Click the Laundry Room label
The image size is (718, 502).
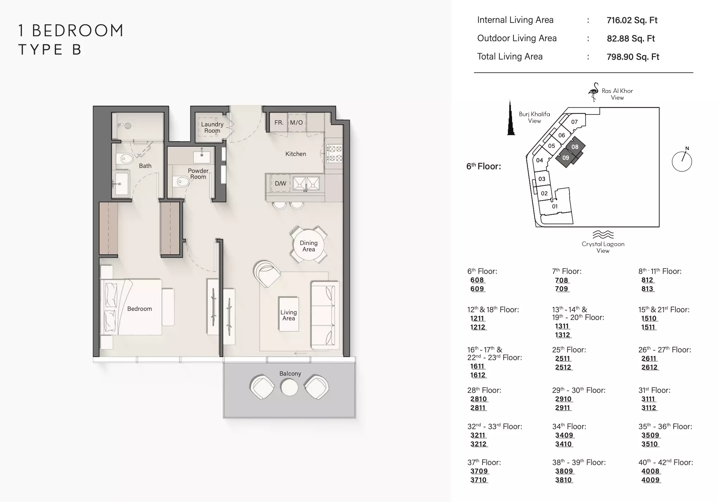pos(212,127)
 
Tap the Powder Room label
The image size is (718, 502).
pos(198,174)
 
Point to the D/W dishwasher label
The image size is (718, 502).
pos(281,183)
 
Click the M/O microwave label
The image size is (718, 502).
pos(296,123)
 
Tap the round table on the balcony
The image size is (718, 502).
pos(289,387)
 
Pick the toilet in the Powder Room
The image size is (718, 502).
pos(182,182)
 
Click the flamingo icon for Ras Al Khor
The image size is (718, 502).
pos(593,92)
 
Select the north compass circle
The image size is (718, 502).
pos(682,162)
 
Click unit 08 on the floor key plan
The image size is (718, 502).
pos(575,147)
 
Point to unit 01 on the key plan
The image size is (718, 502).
pos(555,207)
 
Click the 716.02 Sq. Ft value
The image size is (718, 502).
pos(632,20)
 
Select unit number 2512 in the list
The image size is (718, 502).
pos(563,367)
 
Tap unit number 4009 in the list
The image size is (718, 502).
pos(650,480)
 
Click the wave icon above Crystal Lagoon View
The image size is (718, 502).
pos(603,234)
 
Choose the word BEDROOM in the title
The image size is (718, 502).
pos(78,31)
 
